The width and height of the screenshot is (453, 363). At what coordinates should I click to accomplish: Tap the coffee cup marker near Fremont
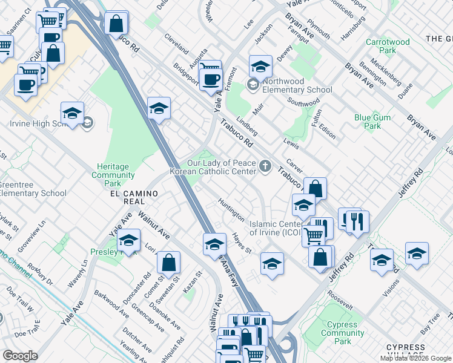pos(210,80)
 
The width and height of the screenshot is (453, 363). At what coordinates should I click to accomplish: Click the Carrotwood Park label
pos(388,46)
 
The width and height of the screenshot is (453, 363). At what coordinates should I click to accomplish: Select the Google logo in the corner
pos(20,356)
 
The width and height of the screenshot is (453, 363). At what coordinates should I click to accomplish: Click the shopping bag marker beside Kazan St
pos(168,263)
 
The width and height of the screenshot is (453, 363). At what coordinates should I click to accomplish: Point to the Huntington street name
pos(232,209)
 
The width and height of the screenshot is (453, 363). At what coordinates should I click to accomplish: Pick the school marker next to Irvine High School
pos(72,113)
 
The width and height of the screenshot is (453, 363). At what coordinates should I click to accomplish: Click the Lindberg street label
pos(248,126)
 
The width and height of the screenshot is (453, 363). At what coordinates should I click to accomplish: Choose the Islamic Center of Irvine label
pos(279,229)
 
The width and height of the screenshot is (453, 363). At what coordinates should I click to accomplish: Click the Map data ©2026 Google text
pos(415,358)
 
